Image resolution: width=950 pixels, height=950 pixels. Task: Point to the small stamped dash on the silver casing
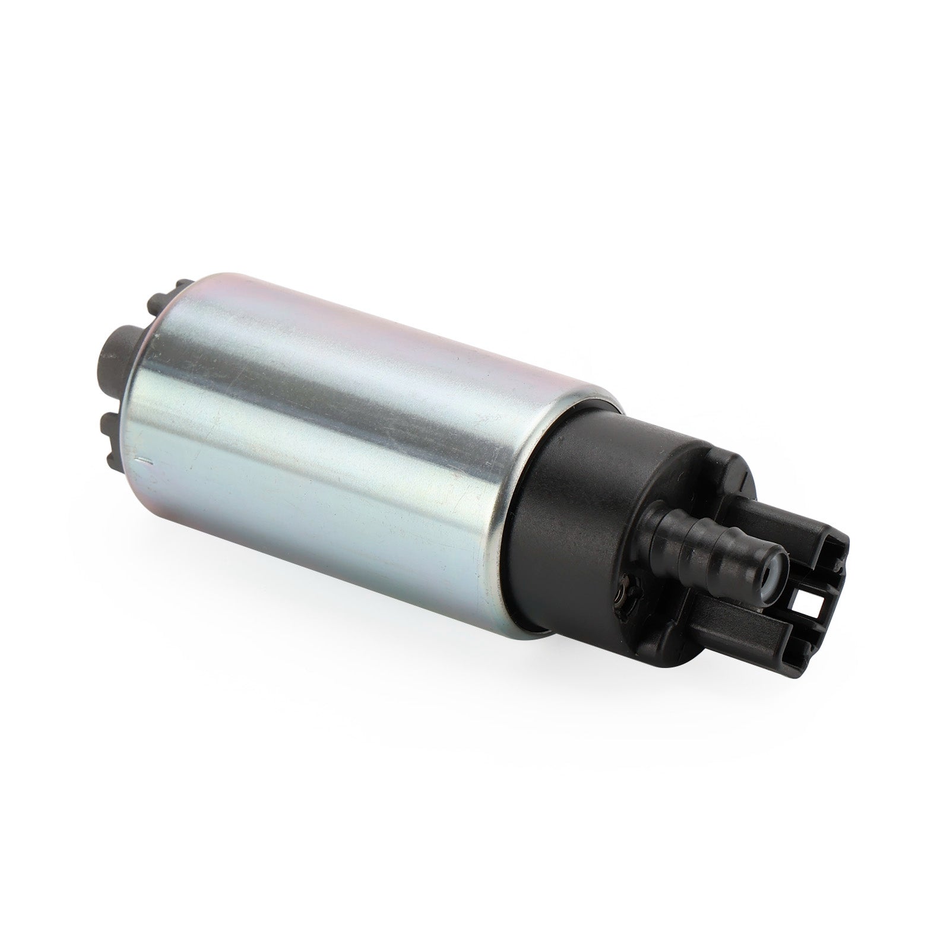pos(144,460)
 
